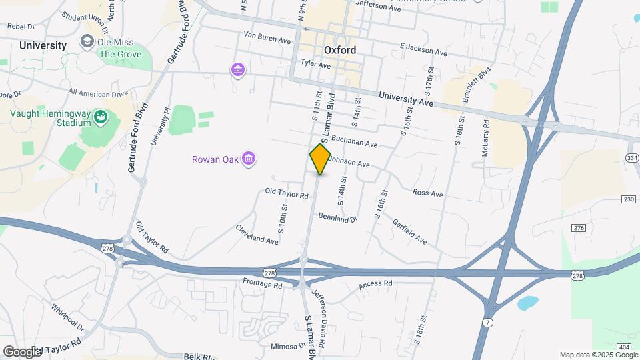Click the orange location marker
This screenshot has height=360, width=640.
pos(320,159)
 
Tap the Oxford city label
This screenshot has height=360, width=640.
pos(340,50)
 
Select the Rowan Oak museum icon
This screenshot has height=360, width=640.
pos(249,159)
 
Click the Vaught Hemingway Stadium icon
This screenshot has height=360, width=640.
pos(101,118)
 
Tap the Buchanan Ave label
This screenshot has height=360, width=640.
pos(354,143)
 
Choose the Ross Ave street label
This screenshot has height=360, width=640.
pos(427,193)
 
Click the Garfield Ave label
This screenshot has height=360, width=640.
pos(409,231)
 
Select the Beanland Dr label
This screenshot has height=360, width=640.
pos(338,217)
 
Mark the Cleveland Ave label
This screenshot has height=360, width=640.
pos(257,234)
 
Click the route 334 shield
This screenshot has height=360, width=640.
pos(632,157)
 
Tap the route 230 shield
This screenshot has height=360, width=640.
pos(628,199)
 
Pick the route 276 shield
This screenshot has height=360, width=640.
pos(578,228)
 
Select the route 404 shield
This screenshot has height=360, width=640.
pos(624,347)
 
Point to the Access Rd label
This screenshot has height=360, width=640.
pos(375,284)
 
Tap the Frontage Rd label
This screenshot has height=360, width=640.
pos(262,285)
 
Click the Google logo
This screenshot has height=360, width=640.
pos(23,351)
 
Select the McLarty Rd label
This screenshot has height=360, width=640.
pos(486,138)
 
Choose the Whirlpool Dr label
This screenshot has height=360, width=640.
pos(67,318)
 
